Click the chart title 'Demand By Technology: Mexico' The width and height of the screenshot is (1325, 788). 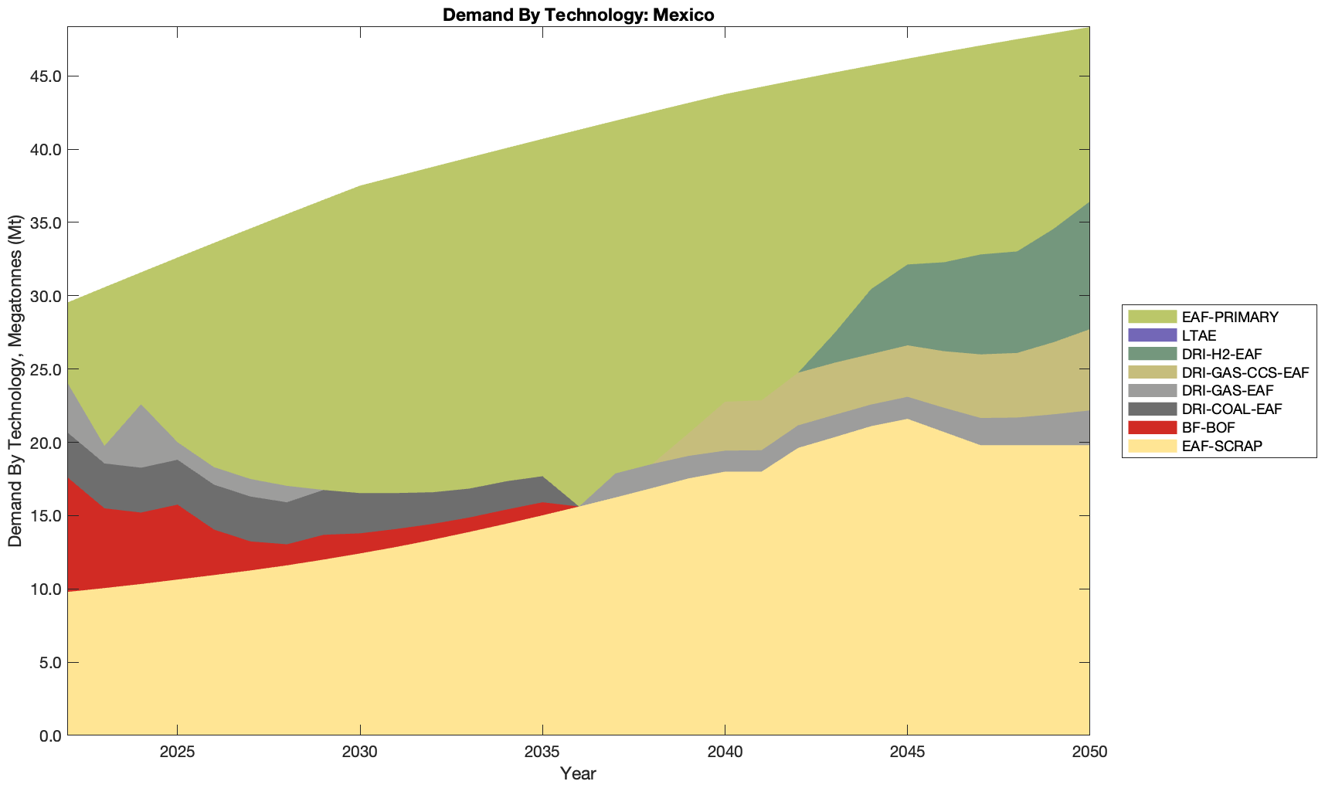click(578, 15)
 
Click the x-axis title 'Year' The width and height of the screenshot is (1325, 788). click(578, 773)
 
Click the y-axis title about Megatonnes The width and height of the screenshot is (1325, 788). click(15, 381)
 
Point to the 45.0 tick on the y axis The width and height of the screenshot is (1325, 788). click(46, 76)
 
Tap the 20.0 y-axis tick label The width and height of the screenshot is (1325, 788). click(46, 443)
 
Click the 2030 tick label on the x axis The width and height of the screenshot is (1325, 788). click(360, 753)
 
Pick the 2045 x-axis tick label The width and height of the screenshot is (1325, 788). click(907, 753)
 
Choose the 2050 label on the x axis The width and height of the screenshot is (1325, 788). click(1089, 753)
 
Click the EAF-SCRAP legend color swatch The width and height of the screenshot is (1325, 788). click(1152, 446)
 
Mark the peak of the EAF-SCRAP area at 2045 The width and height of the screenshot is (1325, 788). click(907, 419)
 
